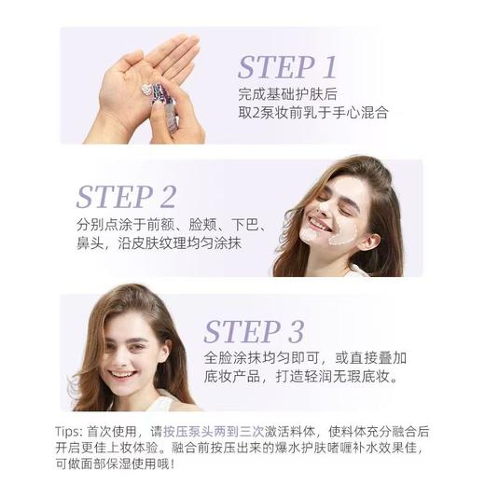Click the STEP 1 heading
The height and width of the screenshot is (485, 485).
click(x=287, y=67)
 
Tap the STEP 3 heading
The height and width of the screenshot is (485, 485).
click(x=255, y=331)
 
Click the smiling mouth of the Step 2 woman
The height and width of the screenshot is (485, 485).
click(x=320, y=225)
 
